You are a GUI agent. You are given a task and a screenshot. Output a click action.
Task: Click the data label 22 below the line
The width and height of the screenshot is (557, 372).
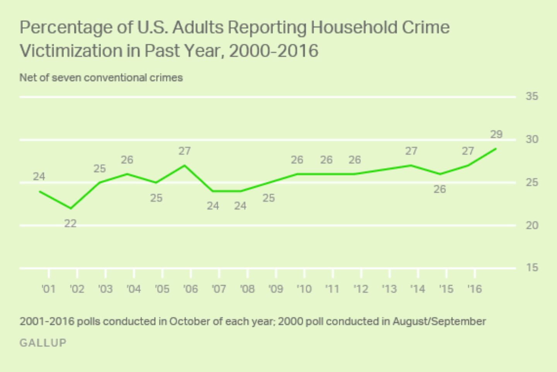click(x=70, y=224)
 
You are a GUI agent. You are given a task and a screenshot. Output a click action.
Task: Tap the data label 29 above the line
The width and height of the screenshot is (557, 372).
click(x=496, y=134)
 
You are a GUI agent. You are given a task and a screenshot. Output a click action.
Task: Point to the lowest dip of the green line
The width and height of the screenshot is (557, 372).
click(x=70, y=208)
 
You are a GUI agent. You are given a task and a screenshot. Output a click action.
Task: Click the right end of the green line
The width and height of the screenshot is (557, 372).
click(x=496, y=148)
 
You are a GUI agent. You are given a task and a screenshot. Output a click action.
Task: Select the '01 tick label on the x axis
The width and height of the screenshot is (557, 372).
click(x=48, y=289)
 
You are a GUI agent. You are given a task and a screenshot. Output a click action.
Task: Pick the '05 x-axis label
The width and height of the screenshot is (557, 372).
click(x=162, y=289)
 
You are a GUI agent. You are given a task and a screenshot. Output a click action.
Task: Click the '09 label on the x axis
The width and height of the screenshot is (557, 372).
click(x=276, y=289)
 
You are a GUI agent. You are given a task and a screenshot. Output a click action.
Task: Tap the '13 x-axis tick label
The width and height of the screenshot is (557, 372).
click(x=389, y=289)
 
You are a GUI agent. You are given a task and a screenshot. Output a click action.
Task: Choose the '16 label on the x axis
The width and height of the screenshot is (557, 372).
click(x=474, y=289)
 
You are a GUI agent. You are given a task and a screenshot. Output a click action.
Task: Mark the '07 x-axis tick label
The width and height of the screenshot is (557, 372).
click(x=219, y=289)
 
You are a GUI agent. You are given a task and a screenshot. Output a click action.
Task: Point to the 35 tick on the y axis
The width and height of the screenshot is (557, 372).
click(x=532, y=96)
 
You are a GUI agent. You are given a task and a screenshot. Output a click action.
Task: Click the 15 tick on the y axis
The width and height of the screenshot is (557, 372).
click(x=532, y=267)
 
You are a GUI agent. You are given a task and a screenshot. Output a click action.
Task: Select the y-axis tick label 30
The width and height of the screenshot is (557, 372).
click(x=532, y=139)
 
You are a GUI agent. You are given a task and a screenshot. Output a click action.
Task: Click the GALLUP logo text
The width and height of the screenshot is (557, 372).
click(x=43, y=343)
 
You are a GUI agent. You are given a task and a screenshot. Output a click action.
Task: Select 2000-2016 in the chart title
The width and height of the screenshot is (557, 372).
click(x=273, y=51)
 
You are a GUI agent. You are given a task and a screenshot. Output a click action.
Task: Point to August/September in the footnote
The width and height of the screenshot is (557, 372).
click(x=439, y=321)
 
